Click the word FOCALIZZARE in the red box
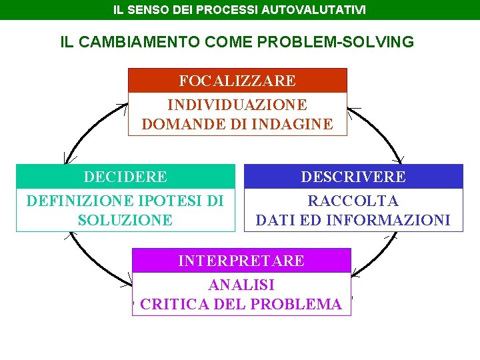pyautogui.click(x=237, y=81)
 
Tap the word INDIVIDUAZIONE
pyautogui.click(x=237, y=105)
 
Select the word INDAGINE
pyautogui.click(x=295, y=123)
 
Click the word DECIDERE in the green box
pyautogui.click(x=125, y=177)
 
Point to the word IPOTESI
pyautogui.click(x=171, y=201)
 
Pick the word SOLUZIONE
pyautogui.click(x=125, y=219)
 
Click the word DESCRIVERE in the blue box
pyautogui.click(x=353, y=177)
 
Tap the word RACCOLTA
pyautogui.click(x=353, y=201)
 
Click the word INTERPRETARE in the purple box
pyautogui.click(x=241, y=261)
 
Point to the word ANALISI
pyautogui.click(x=241, y=285)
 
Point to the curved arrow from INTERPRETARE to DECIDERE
pyautogui.click(x=93, y=259)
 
